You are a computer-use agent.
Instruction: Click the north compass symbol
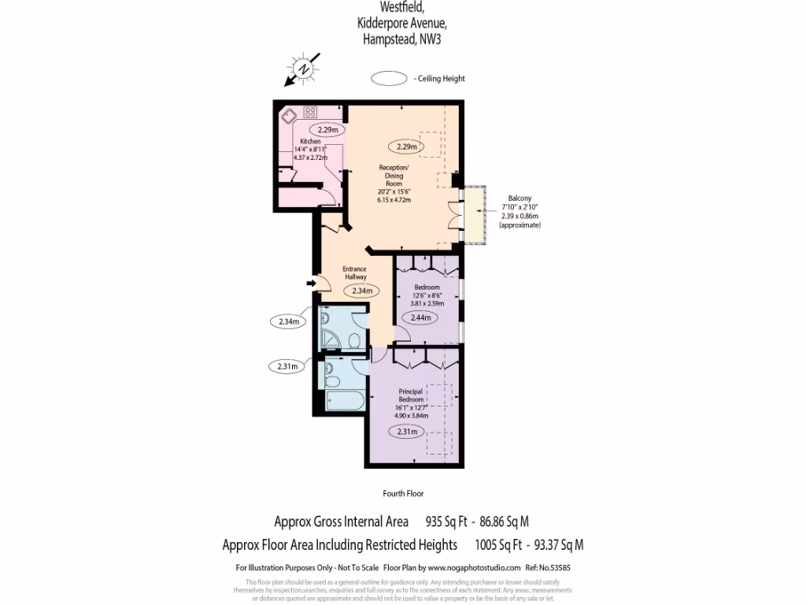tap(303, 69)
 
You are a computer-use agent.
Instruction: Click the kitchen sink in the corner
tap(288, 116)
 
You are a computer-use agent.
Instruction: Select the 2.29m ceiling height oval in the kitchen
tap(327, 130)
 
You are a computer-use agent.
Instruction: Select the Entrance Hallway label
tap(355, 273)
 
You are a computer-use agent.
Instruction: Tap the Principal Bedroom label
tap(411, 395)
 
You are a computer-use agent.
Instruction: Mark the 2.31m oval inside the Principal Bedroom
tap(407, 432)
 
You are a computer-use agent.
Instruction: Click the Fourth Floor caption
tap(403, 494)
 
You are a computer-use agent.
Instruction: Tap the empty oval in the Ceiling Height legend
tap(388, 79)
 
